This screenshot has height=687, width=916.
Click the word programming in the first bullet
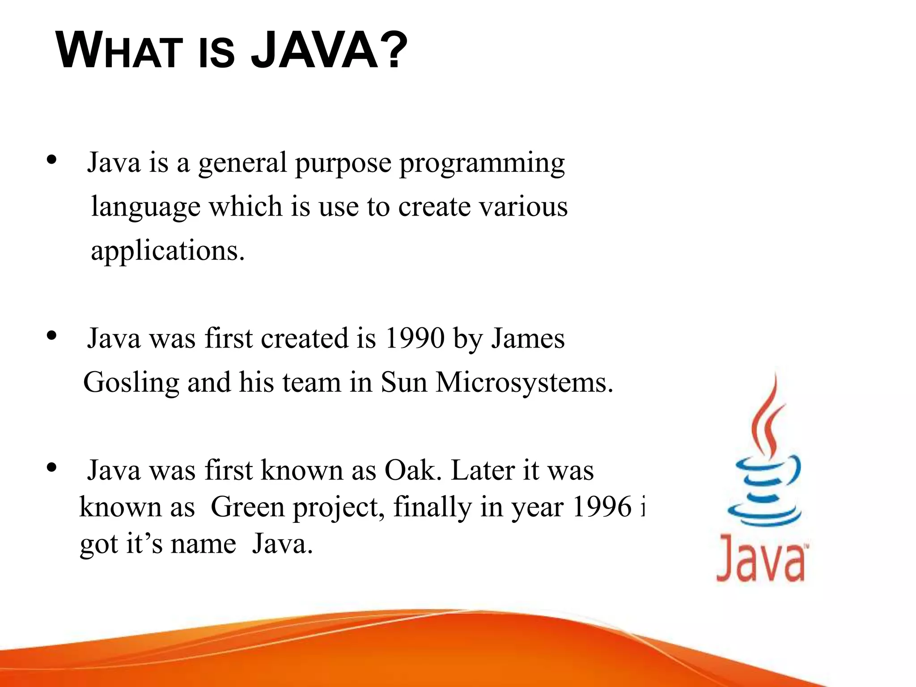482,164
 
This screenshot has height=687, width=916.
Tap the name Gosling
131,383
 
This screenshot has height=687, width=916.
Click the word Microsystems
524,383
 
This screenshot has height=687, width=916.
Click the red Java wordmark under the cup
761,559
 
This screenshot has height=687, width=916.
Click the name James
528,339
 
